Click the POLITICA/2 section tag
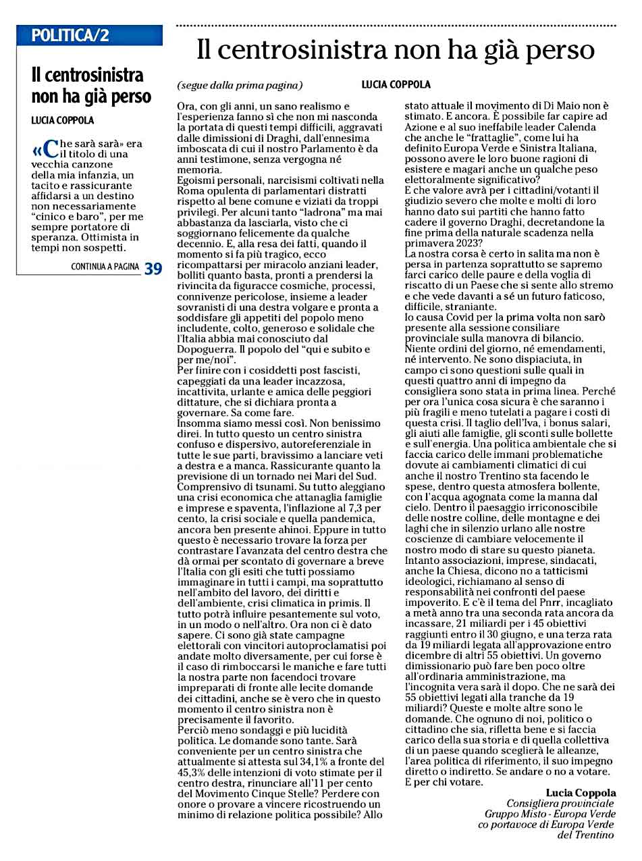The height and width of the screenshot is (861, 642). pyautogui.click(x=70, y=36)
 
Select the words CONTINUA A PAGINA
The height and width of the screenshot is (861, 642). pyautogui.click(x=105, y=267)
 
